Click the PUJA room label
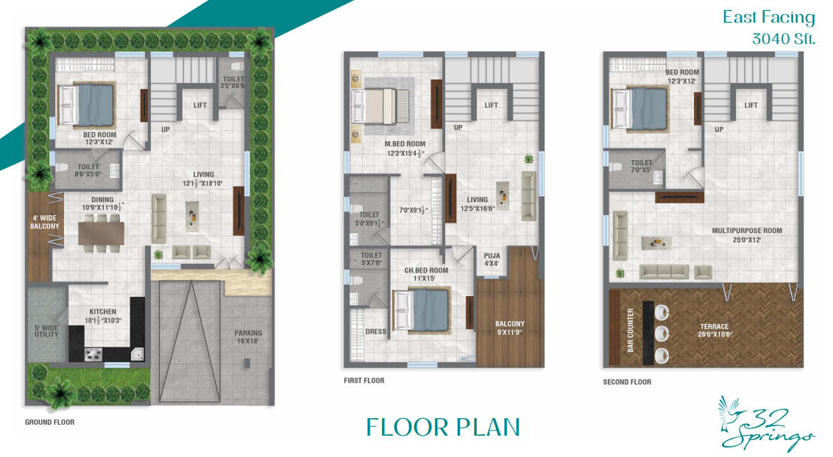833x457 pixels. pos(492,256)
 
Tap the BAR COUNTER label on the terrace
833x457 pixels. pos(631,331)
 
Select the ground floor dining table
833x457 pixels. pos(102,233)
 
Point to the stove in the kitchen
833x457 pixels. pos(93,354)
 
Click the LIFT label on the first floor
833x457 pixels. pos(491,105)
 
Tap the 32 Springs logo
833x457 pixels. pos(766,424)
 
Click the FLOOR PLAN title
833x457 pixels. pos(443,428)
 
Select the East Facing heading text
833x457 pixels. pos(768,18)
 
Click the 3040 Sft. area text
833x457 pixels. pos(783,39)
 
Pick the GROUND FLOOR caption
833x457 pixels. pos(49,422)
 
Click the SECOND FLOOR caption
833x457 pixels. pos(627,382)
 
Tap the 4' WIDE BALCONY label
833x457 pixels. pos(45,222)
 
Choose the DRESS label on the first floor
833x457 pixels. pos(375,331)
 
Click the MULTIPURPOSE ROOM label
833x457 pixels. pos(747,231)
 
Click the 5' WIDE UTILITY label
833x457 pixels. pos(46,331)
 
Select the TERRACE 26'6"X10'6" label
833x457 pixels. pos(714,331)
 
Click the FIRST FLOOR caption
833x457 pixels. pos(364,380)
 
